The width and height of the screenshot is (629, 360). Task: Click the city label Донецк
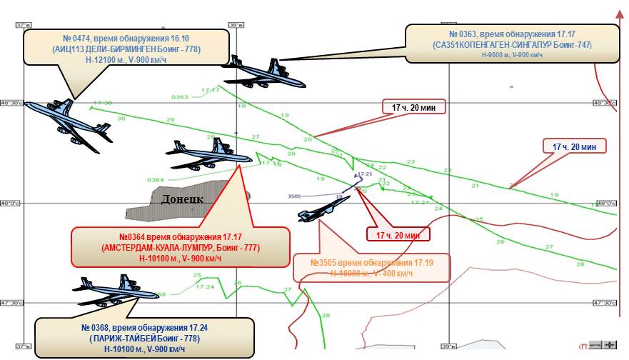[183, 199]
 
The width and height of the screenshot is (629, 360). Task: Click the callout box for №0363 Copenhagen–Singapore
[511, 44]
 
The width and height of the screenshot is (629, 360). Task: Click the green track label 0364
[155, 180]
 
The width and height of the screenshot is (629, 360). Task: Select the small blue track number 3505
[294, 196]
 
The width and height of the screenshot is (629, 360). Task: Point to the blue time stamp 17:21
[365, 174]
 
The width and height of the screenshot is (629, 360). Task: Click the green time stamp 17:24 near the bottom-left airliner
[204, 287]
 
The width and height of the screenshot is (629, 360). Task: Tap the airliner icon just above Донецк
[208, 152]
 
